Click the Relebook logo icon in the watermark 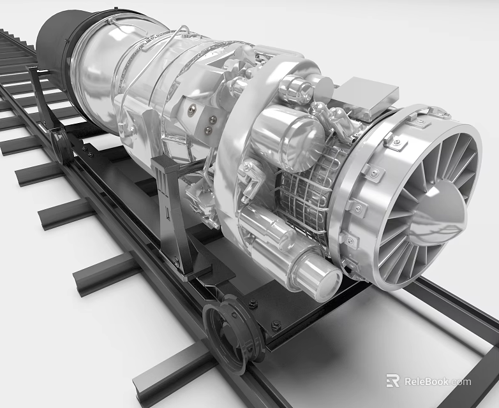coord(392,381)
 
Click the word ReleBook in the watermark coord(437,381)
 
